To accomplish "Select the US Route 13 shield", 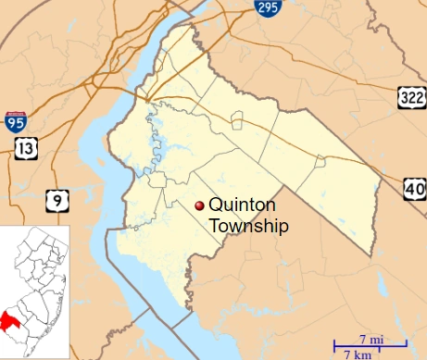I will pos(23,150).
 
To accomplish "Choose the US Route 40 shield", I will pos(414,189).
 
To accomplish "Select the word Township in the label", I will pos(248,226).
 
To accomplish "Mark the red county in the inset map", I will pos(12,322).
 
